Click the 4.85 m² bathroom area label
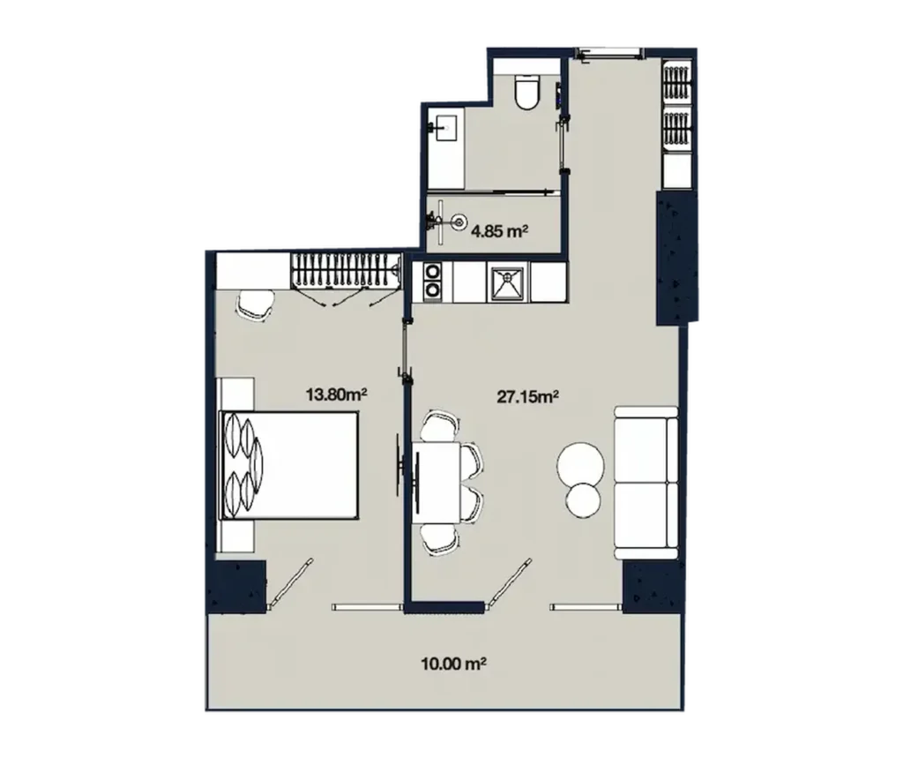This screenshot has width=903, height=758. coord(499,232)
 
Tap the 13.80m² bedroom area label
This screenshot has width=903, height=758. coord(336,394)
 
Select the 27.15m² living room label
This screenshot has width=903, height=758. coord(527,398)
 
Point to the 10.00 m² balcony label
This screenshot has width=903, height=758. coord(455,663)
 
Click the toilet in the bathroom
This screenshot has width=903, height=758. coord(527,94)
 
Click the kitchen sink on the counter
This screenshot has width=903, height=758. coord(509,281)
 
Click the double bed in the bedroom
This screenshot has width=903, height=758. coord(289,465)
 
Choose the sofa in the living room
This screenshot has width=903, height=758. coord(646,482)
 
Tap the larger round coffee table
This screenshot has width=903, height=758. coord(579,462)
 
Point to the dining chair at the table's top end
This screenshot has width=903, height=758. coord(438,427)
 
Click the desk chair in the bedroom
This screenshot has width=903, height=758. coord(255,305)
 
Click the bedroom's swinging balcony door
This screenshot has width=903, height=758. coord(290,583)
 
